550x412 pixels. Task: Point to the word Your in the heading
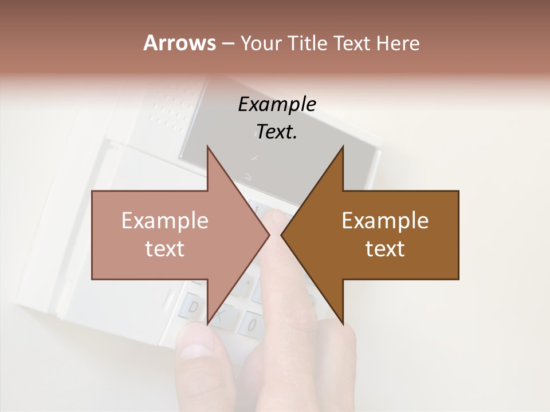pyautogui.click(x=261, y=43)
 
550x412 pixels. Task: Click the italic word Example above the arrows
pyautogui.click(x=277, y=105)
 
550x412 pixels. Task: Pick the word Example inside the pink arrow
pyautogui.click(x=165, y=221)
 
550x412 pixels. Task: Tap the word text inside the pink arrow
pyautogui.click(x=165, y=249)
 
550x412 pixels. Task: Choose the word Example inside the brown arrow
pyautogui.click(x=385, y=221)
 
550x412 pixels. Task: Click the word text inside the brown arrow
pyautogui.click(x=385, y=249)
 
